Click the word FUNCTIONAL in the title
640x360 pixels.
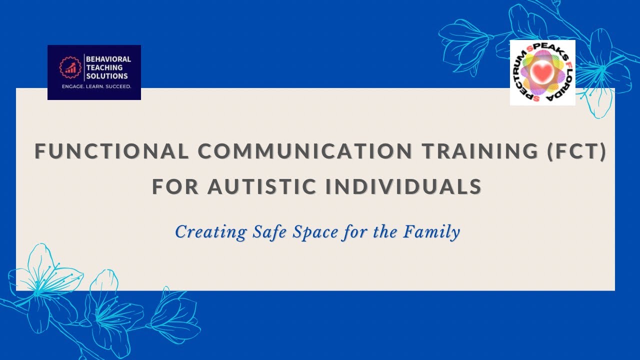click(x=111, y=151)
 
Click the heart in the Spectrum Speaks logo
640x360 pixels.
click(x=542, y=73)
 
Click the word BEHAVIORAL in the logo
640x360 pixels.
click(x=108, y=59)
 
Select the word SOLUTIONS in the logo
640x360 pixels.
click(x=107, y=76)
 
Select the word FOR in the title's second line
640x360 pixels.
click(x=175, y=186)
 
